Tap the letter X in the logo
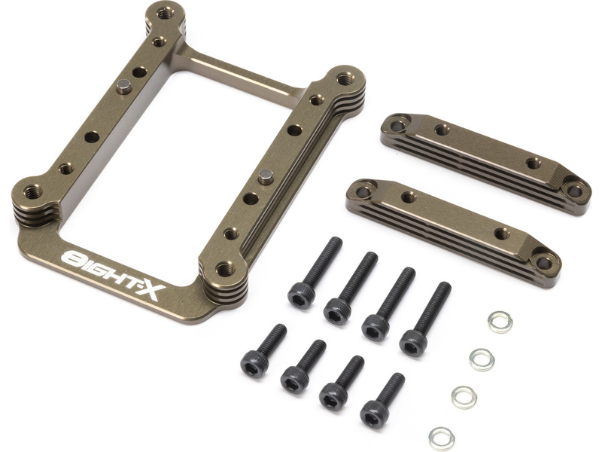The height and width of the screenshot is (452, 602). tap(152, 292)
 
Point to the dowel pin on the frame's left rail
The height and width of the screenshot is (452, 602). tap(124, 86)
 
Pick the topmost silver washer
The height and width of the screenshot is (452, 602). tap(500, 322)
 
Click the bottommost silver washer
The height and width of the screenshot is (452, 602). tap(442, 438)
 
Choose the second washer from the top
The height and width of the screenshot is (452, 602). tap(482, 359)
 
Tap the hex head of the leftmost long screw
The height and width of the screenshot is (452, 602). tap(301, 295)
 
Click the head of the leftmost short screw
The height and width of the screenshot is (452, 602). tap(254, 363)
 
